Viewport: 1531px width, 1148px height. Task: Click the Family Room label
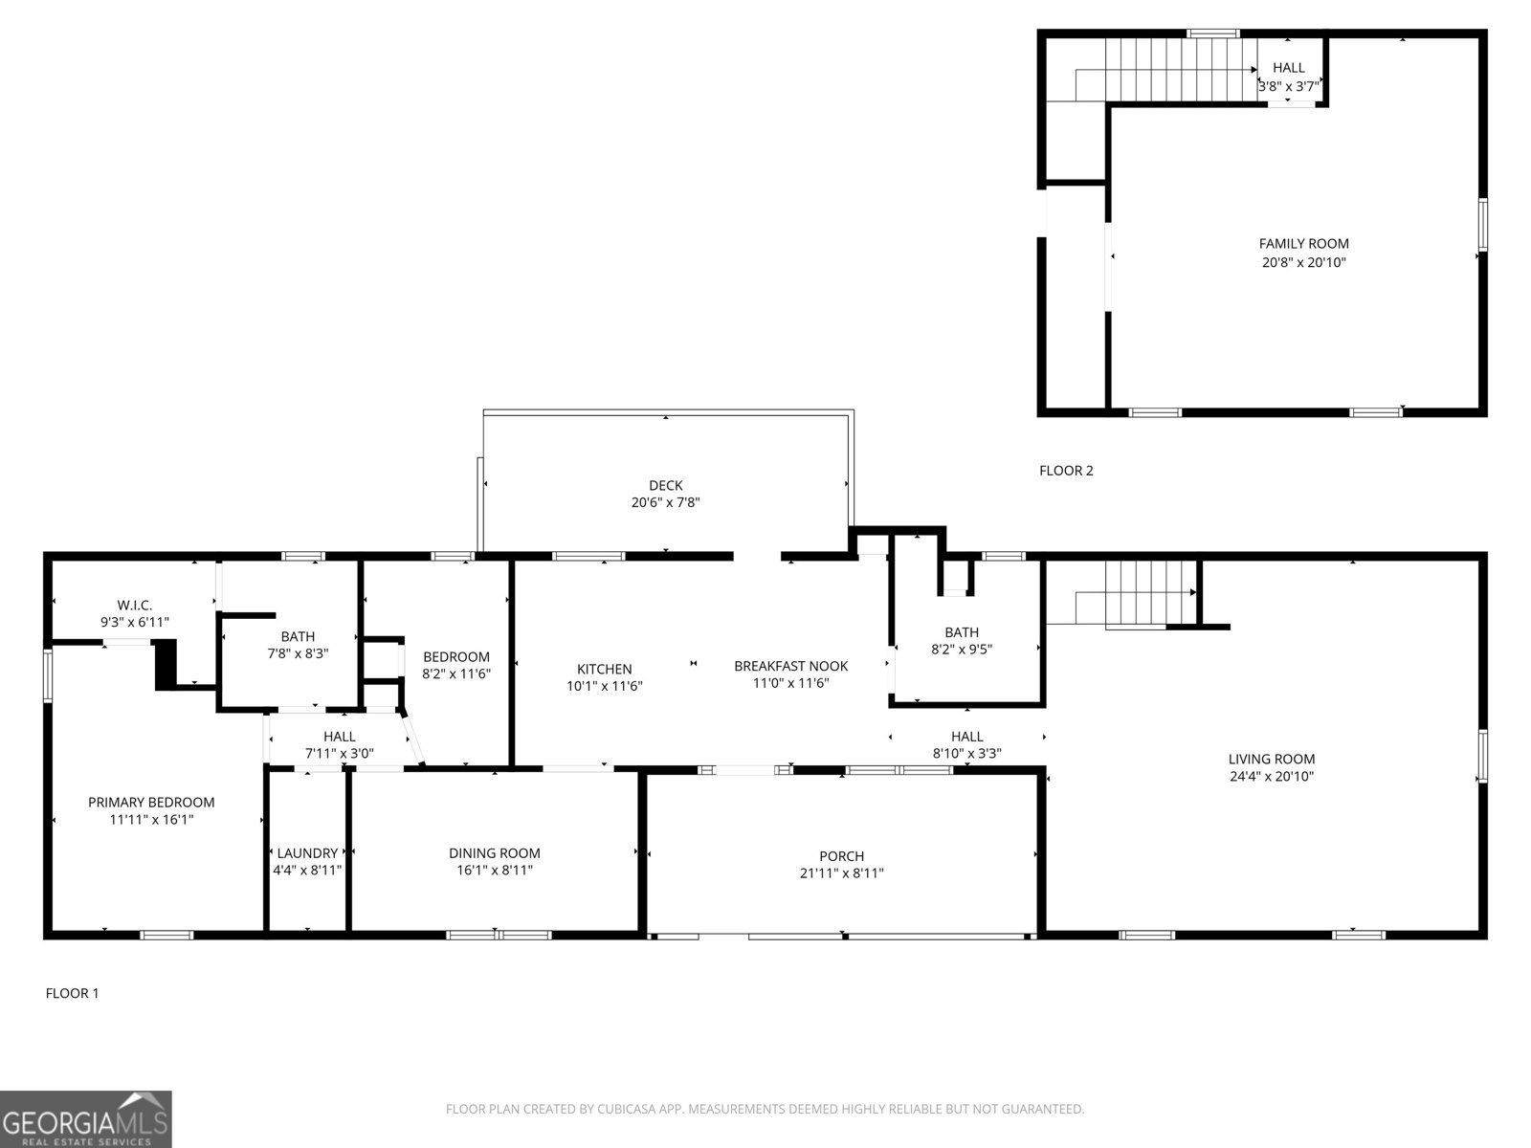coord(1303,244)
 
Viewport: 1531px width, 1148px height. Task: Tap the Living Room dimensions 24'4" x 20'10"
coord(1272,777)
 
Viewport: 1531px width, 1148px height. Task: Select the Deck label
coord(665,485)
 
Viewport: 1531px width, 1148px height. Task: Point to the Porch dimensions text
coord(841,872)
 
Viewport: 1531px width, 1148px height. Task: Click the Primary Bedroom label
coord(151,803)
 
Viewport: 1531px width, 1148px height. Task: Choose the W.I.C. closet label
coord(135,605)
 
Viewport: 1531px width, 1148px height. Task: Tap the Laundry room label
coord(307,853)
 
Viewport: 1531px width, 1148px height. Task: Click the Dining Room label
coord(495,853)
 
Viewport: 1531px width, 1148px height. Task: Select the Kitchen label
coord(604,669)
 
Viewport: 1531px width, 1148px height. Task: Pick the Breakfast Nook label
coord(791,667)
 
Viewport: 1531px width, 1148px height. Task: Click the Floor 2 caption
coord(1066,471)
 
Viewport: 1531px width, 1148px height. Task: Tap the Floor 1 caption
coord(72,993)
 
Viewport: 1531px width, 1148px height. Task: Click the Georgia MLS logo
coord(86,1118)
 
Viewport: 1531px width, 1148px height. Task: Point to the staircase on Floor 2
coord(1180,69)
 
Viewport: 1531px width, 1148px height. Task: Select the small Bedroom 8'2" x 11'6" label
coord(456,656)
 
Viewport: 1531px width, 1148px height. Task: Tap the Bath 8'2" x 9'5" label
coord(961,632)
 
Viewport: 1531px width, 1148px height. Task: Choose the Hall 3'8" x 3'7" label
coord(1288,68)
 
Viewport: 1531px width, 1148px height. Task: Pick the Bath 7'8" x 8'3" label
coord(298,636)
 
